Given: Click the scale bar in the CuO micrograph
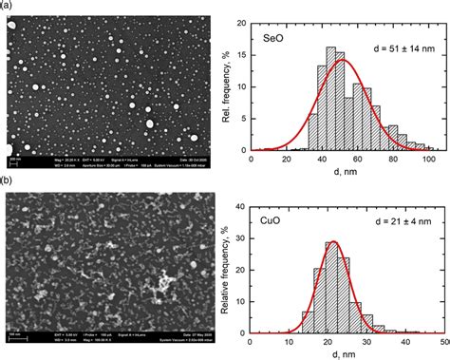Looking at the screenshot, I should pos(12,332).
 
